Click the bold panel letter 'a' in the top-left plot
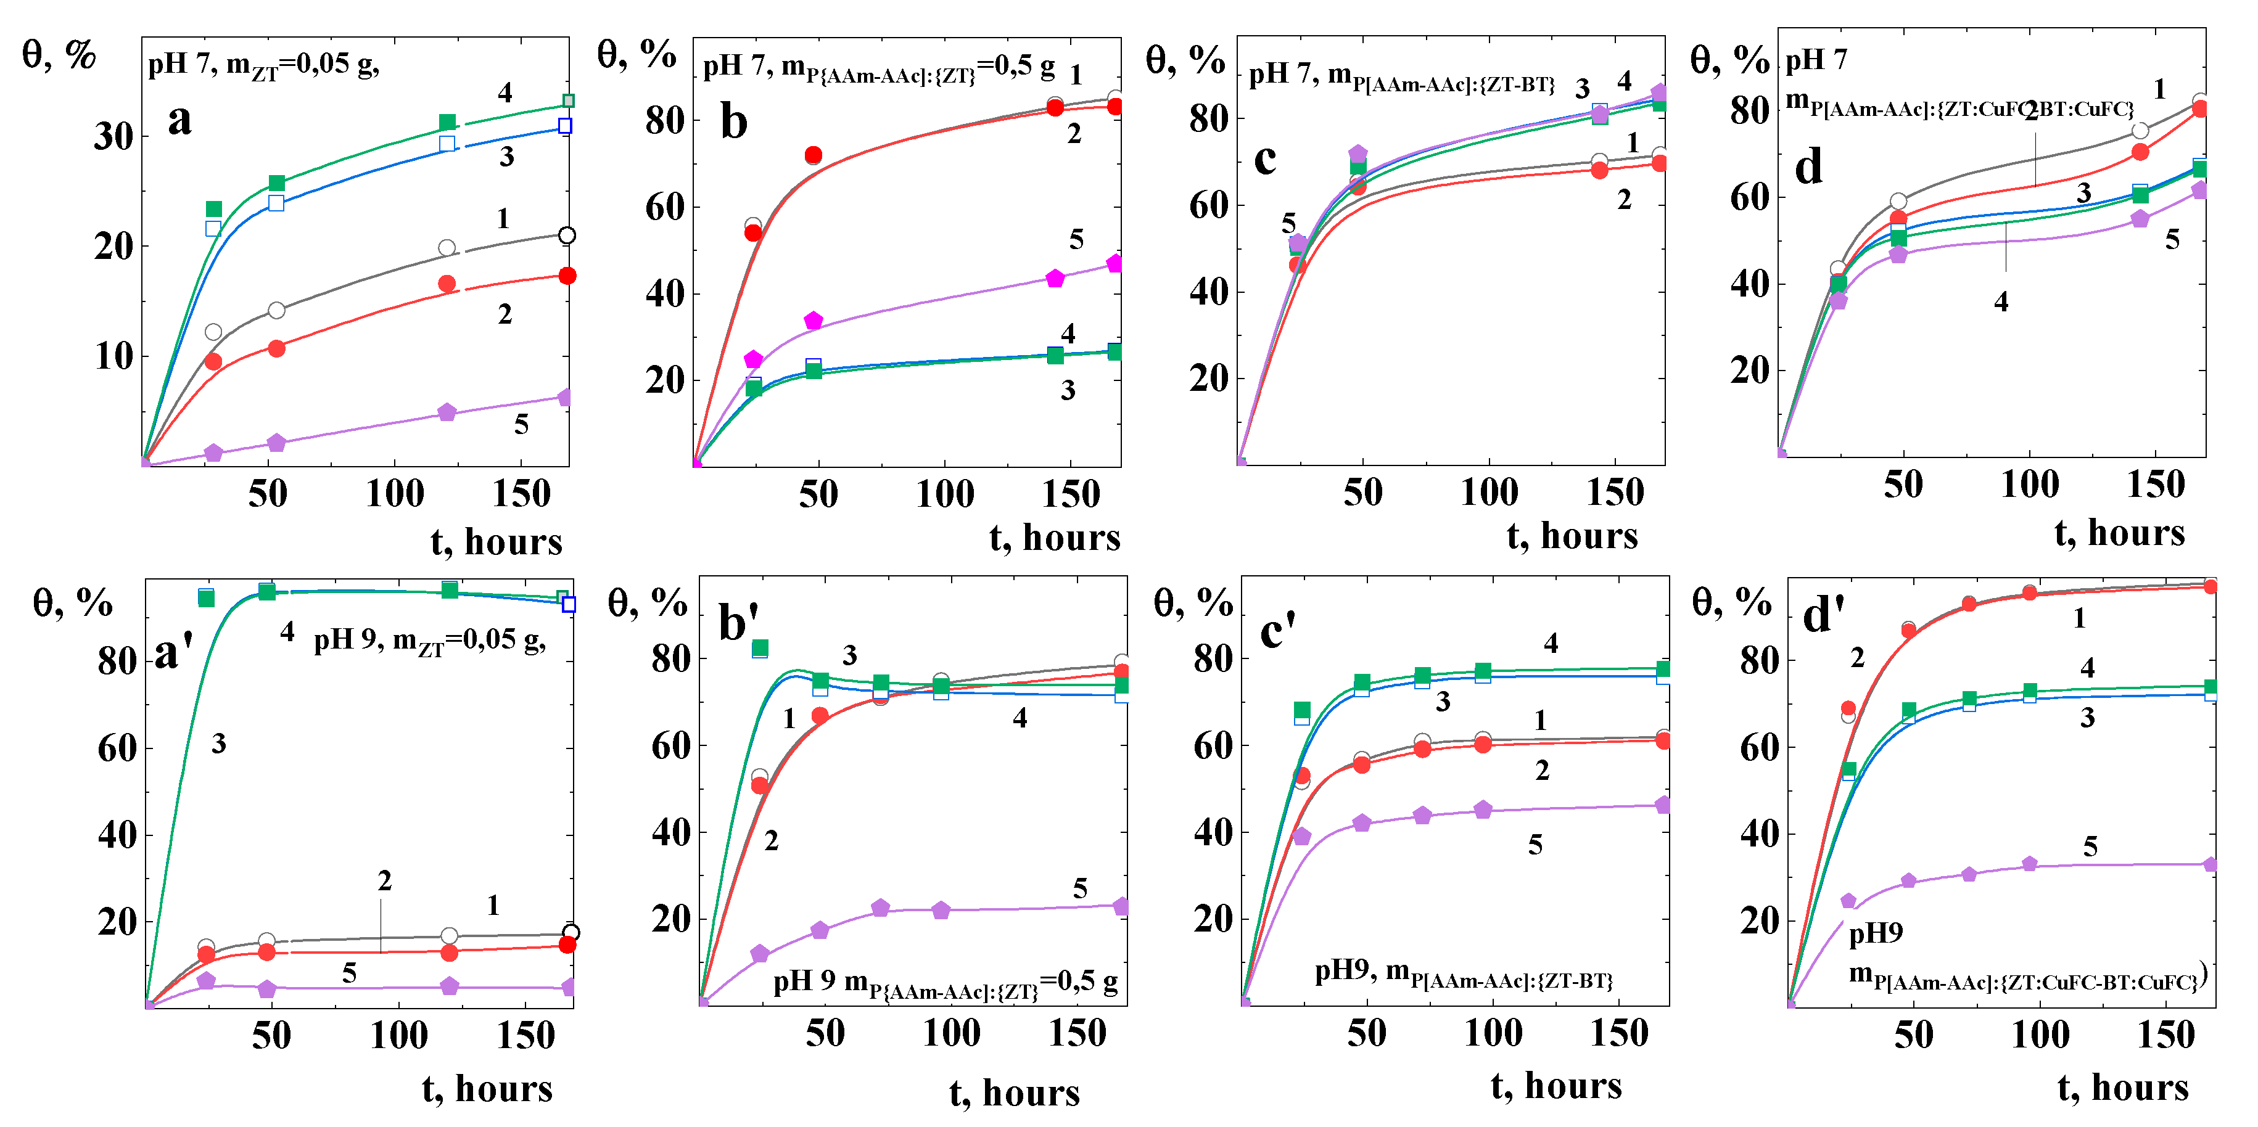click(179, 120)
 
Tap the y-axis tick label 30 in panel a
click(114, 137)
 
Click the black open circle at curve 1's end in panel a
click(567, 235)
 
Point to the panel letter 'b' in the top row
click(734, 122)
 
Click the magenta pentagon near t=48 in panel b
click(814, 321)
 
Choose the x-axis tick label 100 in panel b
click(944, 494)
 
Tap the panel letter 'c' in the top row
click(1265, 160)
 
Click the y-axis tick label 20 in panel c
click(1209, 379)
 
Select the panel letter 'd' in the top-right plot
click(1808, 166)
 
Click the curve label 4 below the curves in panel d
click(2001, 302)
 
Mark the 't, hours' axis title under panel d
click(2119, 533)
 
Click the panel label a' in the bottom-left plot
click(173, 652)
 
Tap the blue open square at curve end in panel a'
click(569, 604)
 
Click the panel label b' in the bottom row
click(738, 623)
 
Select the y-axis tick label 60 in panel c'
click(1213, 746)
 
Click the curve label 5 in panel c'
click(1535, 846)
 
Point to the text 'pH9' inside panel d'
click(1875, 933)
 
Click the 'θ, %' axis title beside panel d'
click(1731, 603)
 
